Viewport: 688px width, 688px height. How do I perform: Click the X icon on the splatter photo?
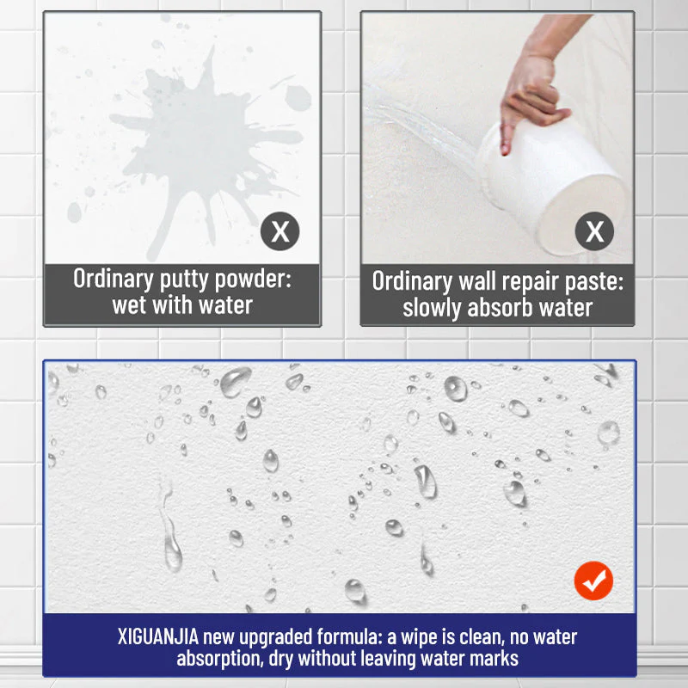point(279,231)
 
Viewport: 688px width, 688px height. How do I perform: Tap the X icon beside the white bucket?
point(594,231)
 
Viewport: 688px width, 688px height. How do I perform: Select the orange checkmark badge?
point(593,582)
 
